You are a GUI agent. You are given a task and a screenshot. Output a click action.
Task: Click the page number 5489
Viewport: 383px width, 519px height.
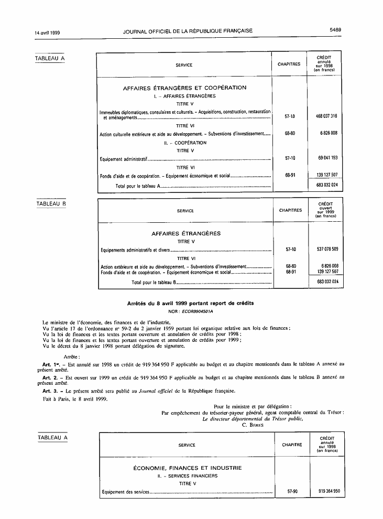[335, 30]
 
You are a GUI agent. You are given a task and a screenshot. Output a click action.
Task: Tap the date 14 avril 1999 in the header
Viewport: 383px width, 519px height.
[47, 31]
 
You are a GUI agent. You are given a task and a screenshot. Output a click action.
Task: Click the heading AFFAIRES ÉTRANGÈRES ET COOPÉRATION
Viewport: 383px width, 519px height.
[184, 88]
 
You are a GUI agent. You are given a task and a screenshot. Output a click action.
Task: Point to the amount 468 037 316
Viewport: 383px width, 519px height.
[326, 116]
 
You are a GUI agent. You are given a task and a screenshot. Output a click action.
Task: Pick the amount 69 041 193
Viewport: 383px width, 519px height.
[326, 157]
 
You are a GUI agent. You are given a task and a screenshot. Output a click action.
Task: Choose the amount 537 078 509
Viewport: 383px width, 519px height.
[327, 250]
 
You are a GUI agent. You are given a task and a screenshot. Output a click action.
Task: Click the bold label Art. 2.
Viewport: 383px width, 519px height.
[50, 377]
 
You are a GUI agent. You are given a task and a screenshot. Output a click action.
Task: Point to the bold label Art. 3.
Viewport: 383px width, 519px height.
[50, 391]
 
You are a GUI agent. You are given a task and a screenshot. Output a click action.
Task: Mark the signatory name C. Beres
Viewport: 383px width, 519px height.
[253, 425]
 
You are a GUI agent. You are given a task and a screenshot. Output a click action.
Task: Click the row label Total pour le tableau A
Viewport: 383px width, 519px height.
[137, 186]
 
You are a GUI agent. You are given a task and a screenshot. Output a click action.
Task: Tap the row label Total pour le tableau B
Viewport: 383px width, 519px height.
[153, 282]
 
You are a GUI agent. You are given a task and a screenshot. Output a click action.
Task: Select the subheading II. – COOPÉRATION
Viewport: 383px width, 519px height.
[185, 143]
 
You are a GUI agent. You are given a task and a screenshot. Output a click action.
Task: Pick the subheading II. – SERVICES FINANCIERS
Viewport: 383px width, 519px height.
[187, 476]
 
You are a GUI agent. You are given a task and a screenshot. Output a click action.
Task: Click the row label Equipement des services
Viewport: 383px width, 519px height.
[125, 492]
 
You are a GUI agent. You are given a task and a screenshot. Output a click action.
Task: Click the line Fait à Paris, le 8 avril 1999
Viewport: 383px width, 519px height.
[75, 399]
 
